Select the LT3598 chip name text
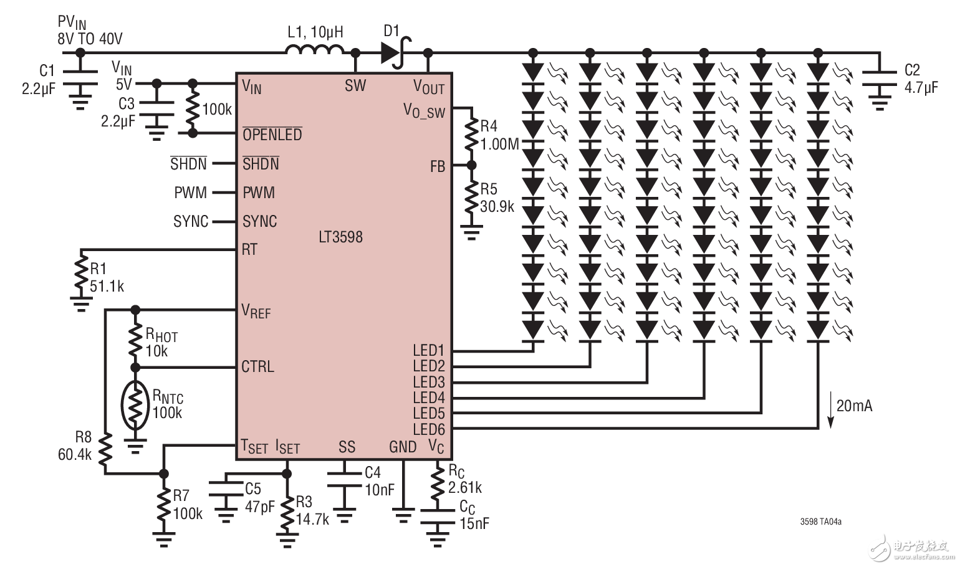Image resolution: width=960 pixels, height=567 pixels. [x=340, y=237]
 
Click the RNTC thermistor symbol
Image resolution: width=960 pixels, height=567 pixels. [x=135, y=405]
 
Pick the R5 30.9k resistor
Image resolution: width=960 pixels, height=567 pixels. [x=471, y=198]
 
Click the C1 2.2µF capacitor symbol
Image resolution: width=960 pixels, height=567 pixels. [x=80, y=77]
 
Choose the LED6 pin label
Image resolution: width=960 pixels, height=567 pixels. [x=428, y=429]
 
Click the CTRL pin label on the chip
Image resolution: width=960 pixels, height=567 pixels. [x=257, y=366]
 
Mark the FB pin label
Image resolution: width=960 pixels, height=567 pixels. [x=437, y=166]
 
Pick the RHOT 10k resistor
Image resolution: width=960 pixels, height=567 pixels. [x=135, y=340]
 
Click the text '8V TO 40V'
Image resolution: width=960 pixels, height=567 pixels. [x=90, y=39]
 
